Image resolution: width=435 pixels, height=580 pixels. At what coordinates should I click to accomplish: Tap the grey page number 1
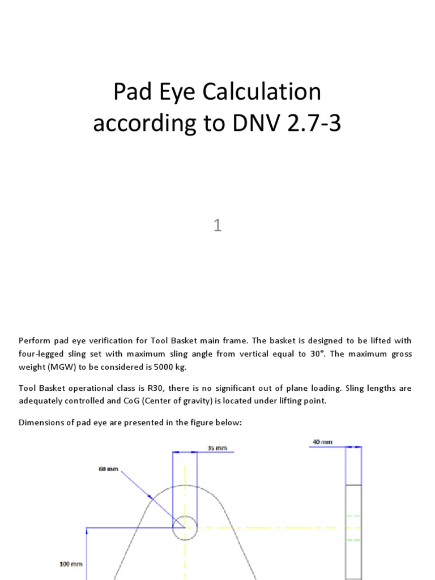click(217, 226)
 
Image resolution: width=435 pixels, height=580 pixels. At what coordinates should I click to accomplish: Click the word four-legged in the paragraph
click(41, 354)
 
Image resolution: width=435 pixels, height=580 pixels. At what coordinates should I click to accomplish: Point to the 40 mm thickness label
click(322, 442)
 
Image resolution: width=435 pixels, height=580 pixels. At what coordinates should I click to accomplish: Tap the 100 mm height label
click(71, 564)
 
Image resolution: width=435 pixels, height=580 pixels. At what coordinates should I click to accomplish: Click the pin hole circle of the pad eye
click(185, 527)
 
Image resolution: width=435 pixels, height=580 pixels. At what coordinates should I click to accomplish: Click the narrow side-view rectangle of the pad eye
click(353, 532)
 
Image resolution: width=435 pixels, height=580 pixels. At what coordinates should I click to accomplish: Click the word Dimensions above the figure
click(41, 422)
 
